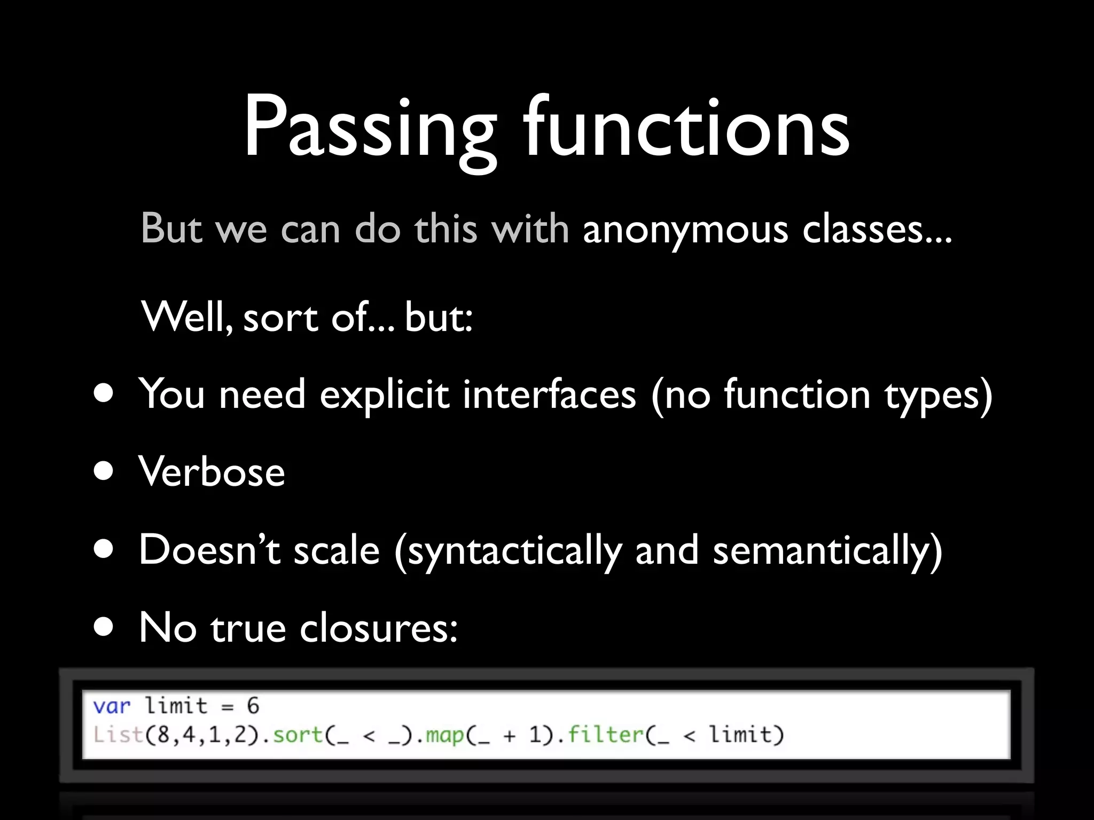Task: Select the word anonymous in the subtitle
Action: coord(685,230)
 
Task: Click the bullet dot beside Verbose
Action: coord(103,471)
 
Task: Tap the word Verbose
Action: coord(212,471)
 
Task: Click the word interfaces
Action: coord(549,395)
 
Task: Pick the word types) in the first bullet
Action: coord(939,396)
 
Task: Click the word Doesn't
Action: coord(209,549)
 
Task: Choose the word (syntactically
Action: coord(508,550)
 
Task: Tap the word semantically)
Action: coord(827,550)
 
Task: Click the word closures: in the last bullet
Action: coord(378,628)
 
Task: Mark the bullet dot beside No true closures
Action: coord(103,627)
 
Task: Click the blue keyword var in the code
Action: coord(112,706)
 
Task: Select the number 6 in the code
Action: coord(253,706)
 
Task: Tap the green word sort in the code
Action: coord(298,735)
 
